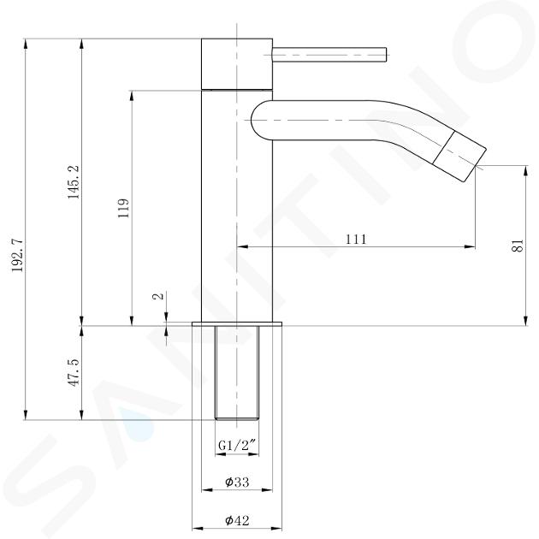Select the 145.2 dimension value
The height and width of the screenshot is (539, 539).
(x=74, y=182)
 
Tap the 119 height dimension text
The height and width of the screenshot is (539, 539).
(x=124, y=208)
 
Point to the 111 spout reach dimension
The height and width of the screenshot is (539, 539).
(x=356, y=239)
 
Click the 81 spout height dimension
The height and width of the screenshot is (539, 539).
(x=518, y=246)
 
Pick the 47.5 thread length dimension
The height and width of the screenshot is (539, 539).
(x=74, y=373)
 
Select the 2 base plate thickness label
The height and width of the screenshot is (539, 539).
(x=158, y=296)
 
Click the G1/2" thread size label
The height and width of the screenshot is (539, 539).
(x=237, y=446)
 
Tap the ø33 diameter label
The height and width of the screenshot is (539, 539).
(x=237, y=482)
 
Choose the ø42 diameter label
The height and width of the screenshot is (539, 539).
(x=237, y=520)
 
